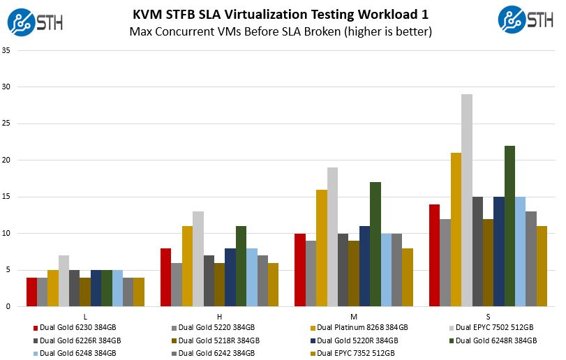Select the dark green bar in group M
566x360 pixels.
[x=375, y=244]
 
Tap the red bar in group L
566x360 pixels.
[x=31, y=292]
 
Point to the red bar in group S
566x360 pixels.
[x=434, y=255]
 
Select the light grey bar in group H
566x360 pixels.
[x=198, y=259]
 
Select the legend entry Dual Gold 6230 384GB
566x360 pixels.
[x=75, y=327]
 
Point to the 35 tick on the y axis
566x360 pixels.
[x=6, y=51]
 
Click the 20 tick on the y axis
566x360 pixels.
[x=6, y=160]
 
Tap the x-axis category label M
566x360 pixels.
[x=354, y=316]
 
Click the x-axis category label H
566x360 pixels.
[x=219, y=316]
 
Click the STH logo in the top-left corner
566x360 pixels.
[x=35, y=20]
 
